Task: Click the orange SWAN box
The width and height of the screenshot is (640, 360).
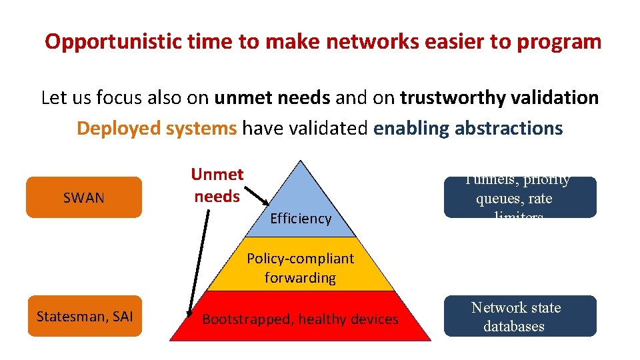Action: tap(84, 197)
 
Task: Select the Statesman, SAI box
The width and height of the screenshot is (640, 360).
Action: tap(84, 316)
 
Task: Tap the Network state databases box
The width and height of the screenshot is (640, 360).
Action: tap(520, 317)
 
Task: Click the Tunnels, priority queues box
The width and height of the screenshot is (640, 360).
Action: tap(520, 197)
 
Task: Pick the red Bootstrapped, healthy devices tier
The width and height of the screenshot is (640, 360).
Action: tap(300, 319)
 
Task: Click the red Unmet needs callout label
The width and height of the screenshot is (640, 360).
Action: tap(217, 185)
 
